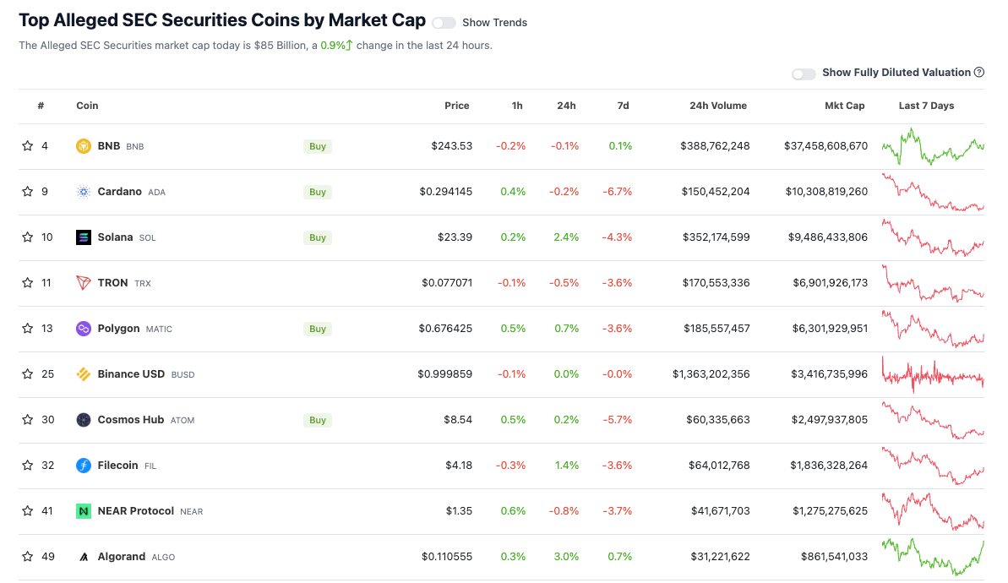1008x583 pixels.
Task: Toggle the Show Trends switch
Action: coord(444,23)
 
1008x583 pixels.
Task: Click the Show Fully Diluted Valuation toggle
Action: coord(804,74)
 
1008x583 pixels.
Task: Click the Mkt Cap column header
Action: coord(844,106)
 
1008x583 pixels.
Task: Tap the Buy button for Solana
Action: coord(318,237)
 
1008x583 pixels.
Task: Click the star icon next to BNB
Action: coord(28,146)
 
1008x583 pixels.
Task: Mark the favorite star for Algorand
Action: coord(28,557)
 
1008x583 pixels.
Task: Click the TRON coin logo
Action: coord(83,283)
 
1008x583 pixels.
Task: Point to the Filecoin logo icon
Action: coord(83,466)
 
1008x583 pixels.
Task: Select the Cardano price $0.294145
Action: coord(446,192)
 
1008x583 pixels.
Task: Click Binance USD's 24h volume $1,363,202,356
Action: coord(711,374)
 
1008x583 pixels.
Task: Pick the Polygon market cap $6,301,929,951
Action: coord(830,329)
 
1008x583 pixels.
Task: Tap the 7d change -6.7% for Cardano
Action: coord(617,192)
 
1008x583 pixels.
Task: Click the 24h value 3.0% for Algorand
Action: coord(566,557)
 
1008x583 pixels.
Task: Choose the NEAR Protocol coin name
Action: coord(136,511)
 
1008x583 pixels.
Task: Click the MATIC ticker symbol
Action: coord(159,330)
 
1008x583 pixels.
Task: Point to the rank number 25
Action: coord(48,374)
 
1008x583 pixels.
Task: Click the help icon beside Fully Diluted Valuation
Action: coord(979,73)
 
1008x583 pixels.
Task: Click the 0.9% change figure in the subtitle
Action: coord(333,46)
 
